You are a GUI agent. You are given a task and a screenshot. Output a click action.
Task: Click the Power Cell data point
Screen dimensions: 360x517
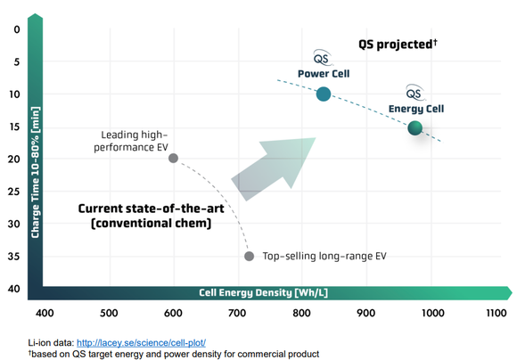pyautogui.click(x=324, y=94)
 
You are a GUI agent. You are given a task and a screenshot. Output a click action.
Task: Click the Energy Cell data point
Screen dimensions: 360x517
pyautogui.click(x=414, y=128)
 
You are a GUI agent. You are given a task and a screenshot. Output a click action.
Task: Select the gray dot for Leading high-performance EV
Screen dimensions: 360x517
pyautogui.click(x=173, y=159)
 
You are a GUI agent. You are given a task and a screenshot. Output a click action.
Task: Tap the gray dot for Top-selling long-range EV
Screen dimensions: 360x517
pyautogui.click(x=249, y=256)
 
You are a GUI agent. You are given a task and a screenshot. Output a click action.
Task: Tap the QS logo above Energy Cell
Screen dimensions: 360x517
pyautogui.click(x=414, y=92)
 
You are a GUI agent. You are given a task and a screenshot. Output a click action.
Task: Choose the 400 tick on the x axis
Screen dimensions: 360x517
pyautogui.click(x=44, y=313)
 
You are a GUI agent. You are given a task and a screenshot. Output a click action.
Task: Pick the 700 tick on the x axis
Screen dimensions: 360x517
pyautogui.click(x=237, y=313)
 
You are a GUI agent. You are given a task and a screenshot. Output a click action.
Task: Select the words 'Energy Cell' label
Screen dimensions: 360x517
pyautogui.click(x=415, y=109)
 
